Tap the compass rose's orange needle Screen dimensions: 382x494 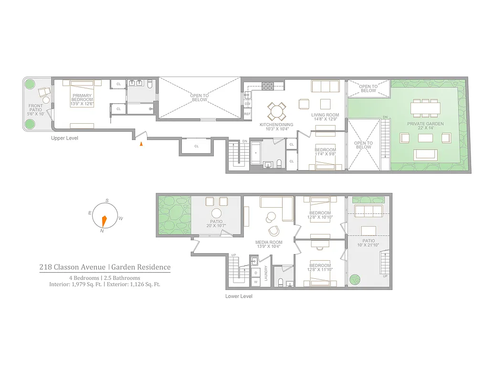(x=104, y=222)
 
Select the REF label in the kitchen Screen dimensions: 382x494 (x=247, y=114)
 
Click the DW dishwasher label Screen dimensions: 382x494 (x=247, y=103)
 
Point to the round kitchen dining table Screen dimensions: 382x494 (x=276, y=111)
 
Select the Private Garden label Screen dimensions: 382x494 (x=425, y=124)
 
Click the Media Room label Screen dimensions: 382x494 (x=269, y=242)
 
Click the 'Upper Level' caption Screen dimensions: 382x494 (x=64, y=138)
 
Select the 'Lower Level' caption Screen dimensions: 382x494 (x=239, y=296)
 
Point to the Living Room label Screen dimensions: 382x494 (x=325, y=115)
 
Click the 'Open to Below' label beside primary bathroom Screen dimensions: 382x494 (x=200, y=98)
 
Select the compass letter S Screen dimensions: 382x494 (x=107, y=201)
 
